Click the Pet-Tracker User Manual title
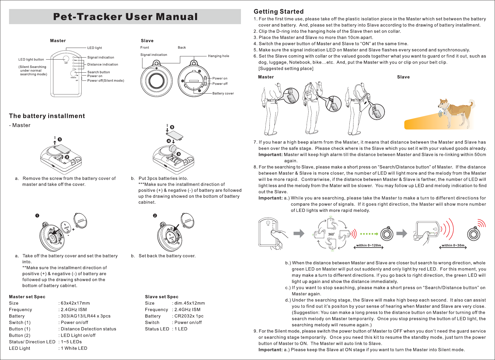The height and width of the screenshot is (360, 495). click(x=125, y=17)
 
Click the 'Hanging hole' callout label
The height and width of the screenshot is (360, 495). click(x=218, y=56)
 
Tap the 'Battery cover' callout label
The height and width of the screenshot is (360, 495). click(x=223, y=93)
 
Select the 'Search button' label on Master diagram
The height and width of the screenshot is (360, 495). click(x=99, y=72)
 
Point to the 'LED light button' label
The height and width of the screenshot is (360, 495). click(x=31, y=60)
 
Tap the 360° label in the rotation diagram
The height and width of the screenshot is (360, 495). click(x=331, y=234)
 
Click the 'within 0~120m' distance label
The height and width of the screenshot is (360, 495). click(x=369, y=246)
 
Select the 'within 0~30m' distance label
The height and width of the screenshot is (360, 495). click(x=453, y=246)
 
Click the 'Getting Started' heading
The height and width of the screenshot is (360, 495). click(x=278, y=12)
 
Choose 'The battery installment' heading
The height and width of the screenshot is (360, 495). click(x=47, y=116)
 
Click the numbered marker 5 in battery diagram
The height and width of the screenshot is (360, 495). click(x=172, y=127)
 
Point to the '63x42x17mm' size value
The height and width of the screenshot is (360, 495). click(x=75, y=303)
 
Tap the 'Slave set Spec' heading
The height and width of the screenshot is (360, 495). click(x=162, y=297)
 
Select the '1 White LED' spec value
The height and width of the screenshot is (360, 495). click(x=74, y=348)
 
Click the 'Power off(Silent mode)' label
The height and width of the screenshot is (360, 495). click(x=106, y=80)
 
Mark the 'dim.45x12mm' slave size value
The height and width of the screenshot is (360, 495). click(x=190, y=303)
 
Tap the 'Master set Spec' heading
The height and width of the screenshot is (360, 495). click(x=27, y=297)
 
